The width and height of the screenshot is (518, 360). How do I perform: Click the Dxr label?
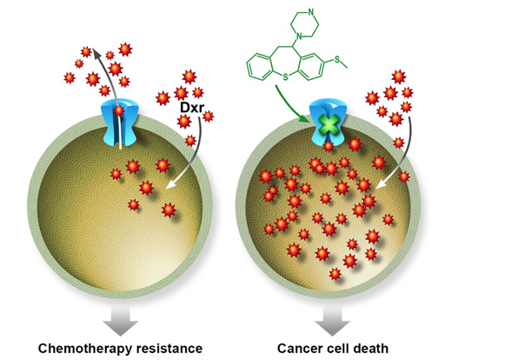[x=193, y=108]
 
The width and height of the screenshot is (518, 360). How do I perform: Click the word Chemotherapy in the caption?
[x=85, y=349]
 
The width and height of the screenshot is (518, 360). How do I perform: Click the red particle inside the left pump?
[x=119, y=110]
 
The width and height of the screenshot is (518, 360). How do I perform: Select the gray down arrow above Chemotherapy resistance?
[x=120, y=322]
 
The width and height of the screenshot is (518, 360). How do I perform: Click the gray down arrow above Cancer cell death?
[x=332, y=322]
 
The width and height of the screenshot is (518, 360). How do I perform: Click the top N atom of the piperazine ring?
[x=311, y=12]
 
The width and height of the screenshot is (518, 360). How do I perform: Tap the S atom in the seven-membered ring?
[x=285, y=77]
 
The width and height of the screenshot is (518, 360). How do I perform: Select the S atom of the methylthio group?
[x=337, y=59]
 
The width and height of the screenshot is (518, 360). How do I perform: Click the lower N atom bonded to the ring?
[x=299, y=35]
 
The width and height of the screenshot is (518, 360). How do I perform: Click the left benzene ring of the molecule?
[x=261, y=67]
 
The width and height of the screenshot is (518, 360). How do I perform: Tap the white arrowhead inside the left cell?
[x=171, y=184]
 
